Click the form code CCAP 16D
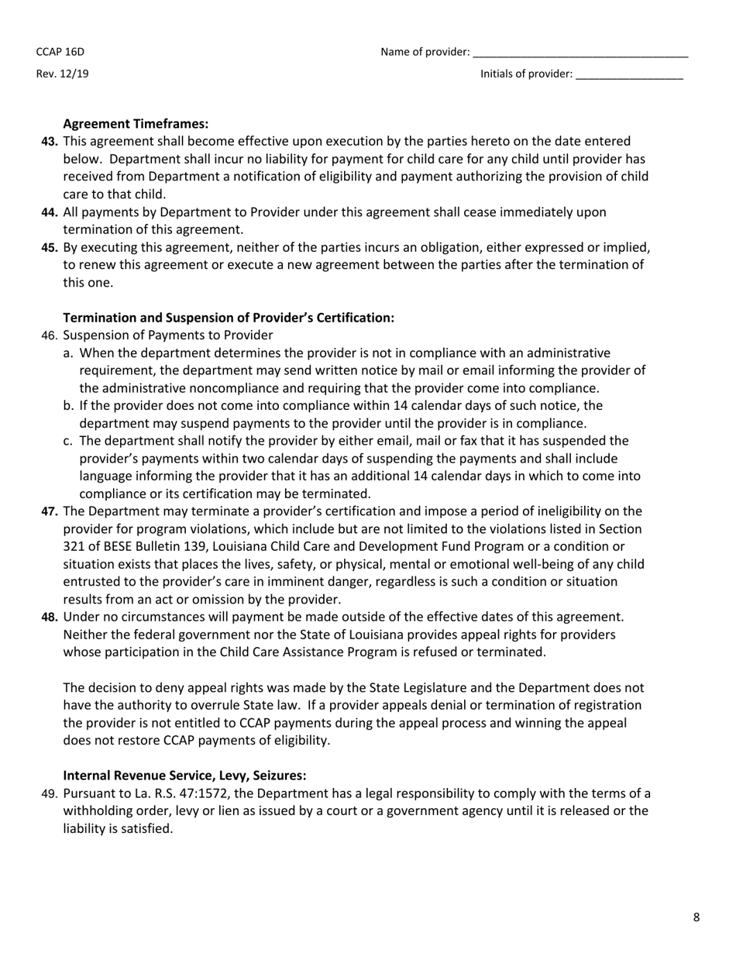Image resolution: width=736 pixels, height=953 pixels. (60, 52)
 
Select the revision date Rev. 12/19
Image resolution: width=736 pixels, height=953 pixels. (62, 74)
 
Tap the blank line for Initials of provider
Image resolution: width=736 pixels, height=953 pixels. (629, 75)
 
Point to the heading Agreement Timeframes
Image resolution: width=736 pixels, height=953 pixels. (136, 124)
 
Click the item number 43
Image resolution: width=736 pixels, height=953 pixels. (50, 142)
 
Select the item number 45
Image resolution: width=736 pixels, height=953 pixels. (50, 247)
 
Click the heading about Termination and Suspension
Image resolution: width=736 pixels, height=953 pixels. (229, 318)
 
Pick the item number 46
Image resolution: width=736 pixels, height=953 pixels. (50, 335)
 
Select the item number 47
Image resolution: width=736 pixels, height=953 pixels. (50, 511)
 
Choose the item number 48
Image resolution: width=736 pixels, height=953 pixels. (50, 617)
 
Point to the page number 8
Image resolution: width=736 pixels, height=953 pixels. (696, 917)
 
